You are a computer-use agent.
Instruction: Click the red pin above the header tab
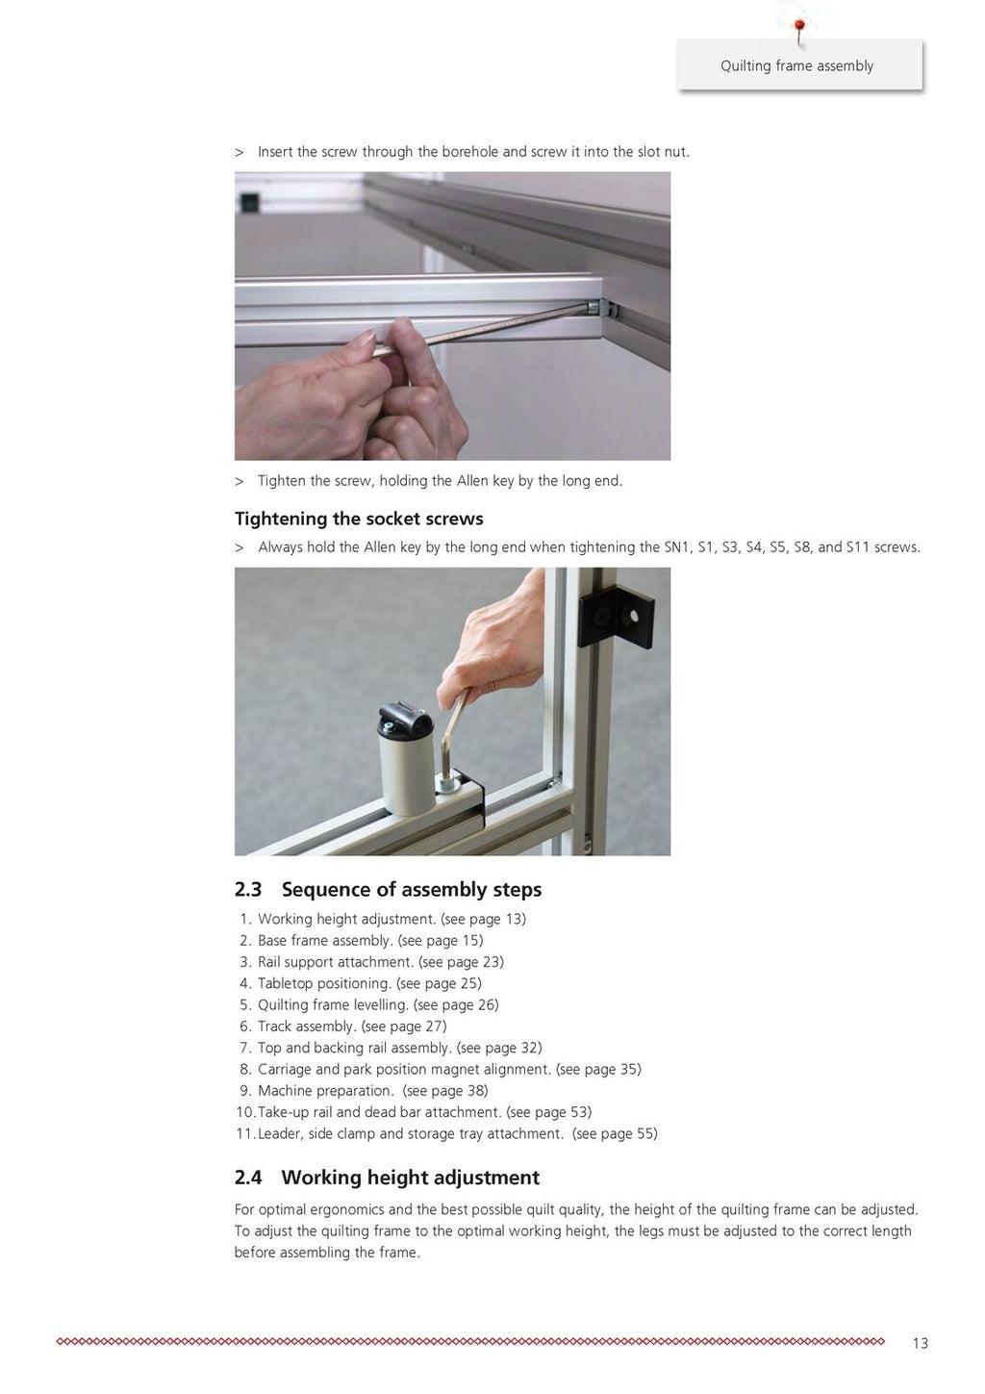point(798,25)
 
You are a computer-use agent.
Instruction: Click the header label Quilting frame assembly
point(796,66)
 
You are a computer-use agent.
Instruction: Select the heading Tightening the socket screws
point(359,519)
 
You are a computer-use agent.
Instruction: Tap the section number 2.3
point(248,890)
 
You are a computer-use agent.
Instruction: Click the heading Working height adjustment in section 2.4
point(410,1178)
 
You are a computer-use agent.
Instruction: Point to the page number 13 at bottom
point(920,1343)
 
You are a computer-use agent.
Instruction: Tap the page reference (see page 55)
point(615,1134)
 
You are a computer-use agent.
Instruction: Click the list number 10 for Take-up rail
point(244,1112)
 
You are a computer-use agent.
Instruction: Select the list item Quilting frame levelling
point(333,1005)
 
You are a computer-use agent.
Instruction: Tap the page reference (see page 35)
point(598,1070)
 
